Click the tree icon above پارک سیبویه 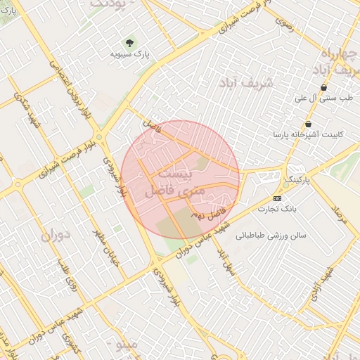pos(128,43)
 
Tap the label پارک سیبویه pos(131,53)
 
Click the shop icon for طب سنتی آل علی pos(323,88)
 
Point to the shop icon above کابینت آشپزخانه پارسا pos(308,124)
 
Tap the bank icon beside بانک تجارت pos(277,198)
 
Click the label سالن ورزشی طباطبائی pos(271,236)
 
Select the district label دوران pos(57,235)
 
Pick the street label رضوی pos(283,24)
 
